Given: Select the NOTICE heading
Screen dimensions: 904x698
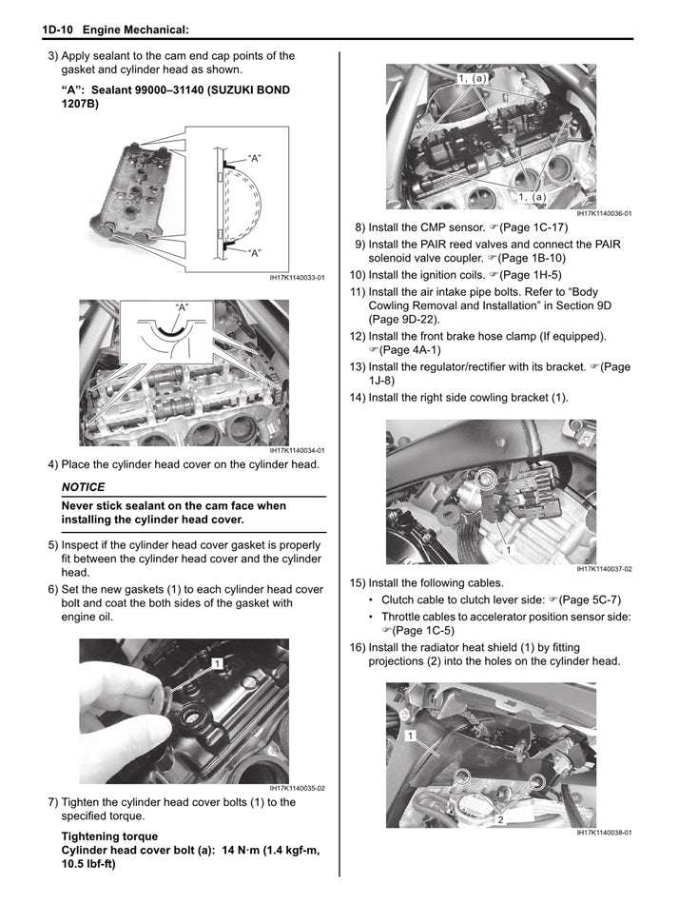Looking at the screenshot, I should click(83, 487).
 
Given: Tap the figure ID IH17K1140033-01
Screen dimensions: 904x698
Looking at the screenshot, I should click(297, 279).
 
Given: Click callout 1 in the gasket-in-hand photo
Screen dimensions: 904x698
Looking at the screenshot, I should click(218, 662).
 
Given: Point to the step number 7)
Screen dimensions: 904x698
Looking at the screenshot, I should click(53, 802).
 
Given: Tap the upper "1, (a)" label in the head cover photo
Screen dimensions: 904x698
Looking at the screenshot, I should click(473, 78).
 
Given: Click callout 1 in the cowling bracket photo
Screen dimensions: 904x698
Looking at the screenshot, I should click(509, 550).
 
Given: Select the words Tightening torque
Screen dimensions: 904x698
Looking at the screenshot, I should click(108, 836).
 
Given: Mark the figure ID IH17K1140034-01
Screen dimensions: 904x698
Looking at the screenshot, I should click(297, 451).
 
